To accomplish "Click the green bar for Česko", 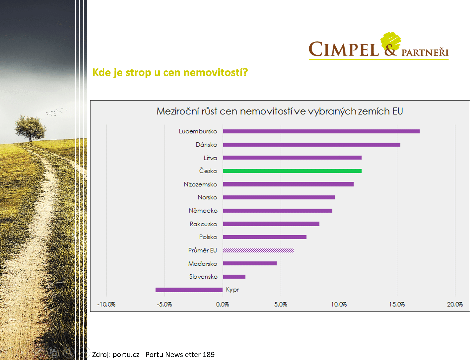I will point(292,171).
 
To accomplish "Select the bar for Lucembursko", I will point(321,131).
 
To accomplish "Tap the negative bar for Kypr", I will point(189,290).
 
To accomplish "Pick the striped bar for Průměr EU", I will point(258,250).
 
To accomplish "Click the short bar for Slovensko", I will point(234,277).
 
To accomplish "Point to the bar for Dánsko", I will point(311,145).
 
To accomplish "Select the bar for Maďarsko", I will point(250,263).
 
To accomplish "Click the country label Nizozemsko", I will point(200,184).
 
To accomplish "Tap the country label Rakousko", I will point(203,224).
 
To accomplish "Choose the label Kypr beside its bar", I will point(232,290).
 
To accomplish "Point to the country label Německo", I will point(203,211).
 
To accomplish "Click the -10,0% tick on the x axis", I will point(106,304).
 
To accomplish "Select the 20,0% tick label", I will point(455,304).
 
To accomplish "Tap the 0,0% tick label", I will point(222,304).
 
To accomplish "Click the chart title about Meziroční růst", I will point(280,111).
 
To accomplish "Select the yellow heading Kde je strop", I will point(170,72).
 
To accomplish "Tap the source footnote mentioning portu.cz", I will point(153,354).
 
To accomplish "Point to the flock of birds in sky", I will point(57,112).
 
